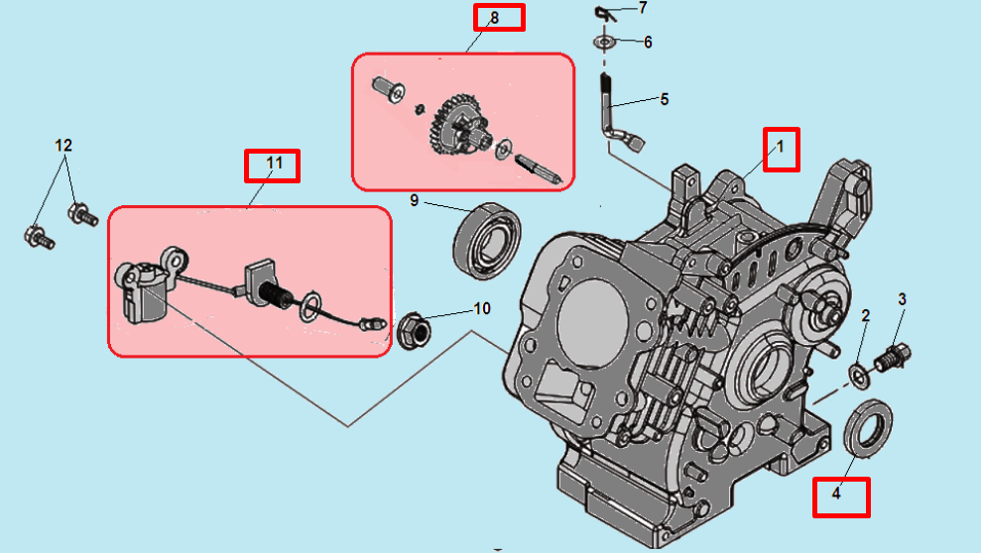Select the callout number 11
pos(273,166)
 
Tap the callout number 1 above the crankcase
pos(781,149)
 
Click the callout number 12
pos(63,146)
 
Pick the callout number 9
pos(415,201)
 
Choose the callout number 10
pos(482,308)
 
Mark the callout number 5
pos(664,99)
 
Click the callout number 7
pos(643,8)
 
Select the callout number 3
pos(903,298)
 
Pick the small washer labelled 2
pos(856,375)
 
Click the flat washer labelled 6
pos(603,43)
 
